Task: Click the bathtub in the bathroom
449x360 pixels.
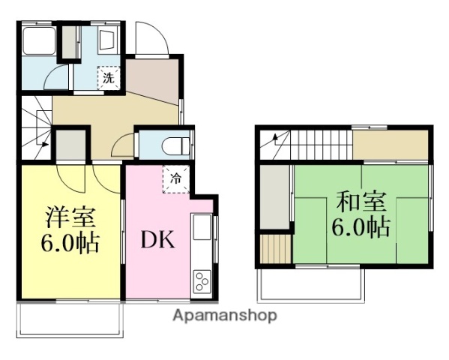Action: click(x=38, y=41)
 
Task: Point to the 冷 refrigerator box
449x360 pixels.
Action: click(x=175, y=179)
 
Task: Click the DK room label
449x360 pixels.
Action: click(x=158, y=241)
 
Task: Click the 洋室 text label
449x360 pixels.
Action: click(x=71, y=217)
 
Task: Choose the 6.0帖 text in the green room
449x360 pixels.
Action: click(x=361, y=227)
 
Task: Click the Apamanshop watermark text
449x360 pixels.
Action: click(x=225, y=316)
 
